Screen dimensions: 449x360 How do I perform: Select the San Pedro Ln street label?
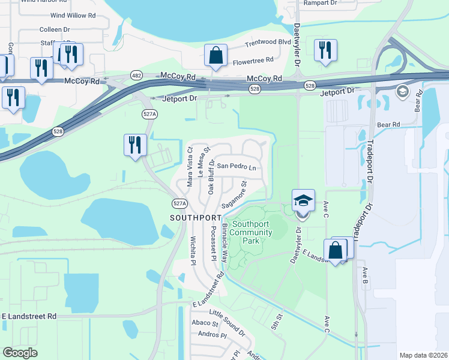237,166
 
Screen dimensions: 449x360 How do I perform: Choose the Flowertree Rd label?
253,61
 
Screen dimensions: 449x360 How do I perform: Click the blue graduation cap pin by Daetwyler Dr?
303,201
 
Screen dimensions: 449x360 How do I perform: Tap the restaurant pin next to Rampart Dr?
325,50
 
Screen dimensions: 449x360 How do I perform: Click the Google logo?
20,352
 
